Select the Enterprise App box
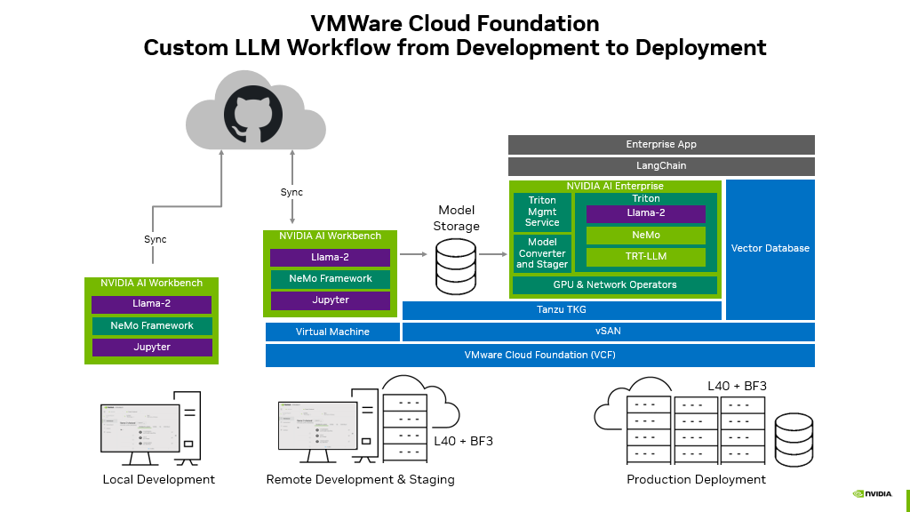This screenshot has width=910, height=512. [661, 145]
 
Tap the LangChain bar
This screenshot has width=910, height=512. [661, 166]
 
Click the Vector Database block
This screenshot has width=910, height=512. [770, 249]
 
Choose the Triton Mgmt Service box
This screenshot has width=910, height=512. [542, 212]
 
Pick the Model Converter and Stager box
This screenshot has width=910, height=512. [542, 253]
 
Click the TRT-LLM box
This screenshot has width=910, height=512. [645, 257]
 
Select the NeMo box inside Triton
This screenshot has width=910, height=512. [645, 236]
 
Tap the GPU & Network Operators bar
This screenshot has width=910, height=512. [615, 285]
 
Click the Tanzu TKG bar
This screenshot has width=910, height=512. [562, 310]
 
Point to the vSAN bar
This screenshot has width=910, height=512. [608, 332]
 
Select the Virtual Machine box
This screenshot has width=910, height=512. [331, 332]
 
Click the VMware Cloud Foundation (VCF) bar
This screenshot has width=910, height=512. [539, 356]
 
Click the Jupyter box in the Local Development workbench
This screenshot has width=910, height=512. [152, 348]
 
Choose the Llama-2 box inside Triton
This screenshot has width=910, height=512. [645, 214]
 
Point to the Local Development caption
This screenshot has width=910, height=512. [158, 480]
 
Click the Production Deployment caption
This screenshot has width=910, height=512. [696, 480]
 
